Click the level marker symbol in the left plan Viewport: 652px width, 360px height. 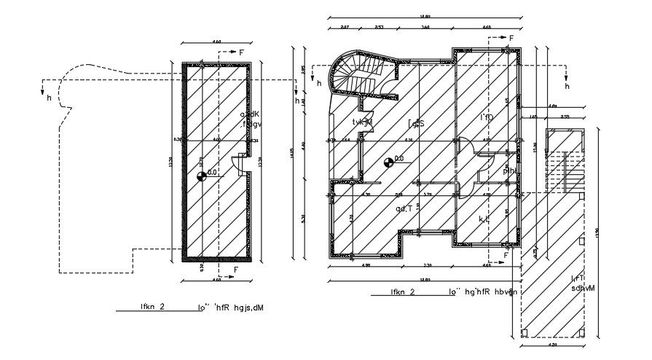[x=201, y=174]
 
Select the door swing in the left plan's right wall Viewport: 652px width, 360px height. [x=237, y=165]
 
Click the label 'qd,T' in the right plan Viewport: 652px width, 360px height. [x=404, y=208]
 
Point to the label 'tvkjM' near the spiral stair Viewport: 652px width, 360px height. [x=362, y=122]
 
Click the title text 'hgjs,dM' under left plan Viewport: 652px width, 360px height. [x=244, y=308]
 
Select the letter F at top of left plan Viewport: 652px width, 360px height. [x=242, y=52]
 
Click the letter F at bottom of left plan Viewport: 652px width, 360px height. [x=235, y=270]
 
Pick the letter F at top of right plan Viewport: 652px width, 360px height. [x=511, y=37]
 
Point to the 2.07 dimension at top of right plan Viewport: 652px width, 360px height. [x=344, y=27]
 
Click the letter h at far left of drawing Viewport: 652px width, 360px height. [x=48, y=97]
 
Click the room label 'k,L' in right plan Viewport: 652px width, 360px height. [x=483, y=218]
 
